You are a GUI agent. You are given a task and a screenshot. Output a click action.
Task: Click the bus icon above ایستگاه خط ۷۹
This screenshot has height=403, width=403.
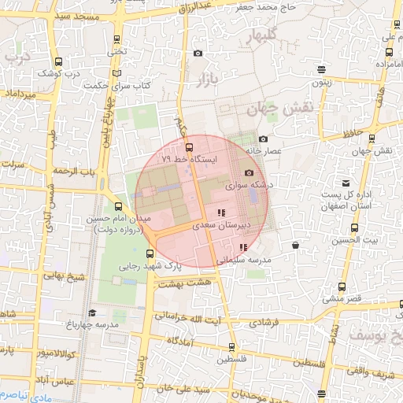click(188, 146)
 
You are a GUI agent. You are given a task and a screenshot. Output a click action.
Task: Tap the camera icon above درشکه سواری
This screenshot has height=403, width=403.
click(250, 173)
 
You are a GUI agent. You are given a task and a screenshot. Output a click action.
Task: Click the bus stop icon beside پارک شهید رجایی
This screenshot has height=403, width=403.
click(150, 253)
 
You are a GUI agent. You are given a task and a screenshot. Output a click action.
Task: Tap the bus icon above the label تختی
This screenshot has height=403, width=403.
click(117, 39)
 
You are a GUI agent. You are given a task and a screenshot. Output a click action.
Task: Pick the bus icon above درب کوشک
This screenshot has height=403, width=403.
click(57, 61)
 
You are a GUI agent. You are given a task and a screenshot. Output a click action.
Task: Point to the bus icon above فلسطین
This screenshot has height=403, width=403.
click(231, 346)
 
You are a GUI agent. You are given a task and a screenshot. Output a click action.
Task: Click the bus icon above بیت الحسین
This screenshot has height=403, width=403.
click(354, 228)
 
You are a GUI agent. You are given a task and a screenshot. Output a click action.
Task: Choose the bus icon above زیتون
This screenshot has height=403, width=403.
click(321, 69)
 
